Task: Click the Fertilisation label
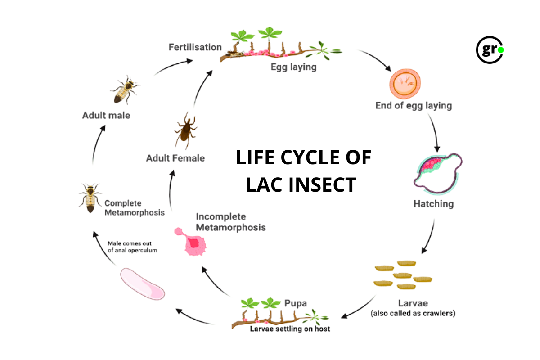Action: point(195,47)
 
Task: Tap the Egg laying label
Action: point(293,67)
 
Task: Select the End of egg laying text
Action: point(414,106)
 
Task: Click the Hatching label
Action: point(433,204)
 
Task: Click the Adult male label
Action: point(106,116)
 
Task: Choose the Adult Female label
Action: point(175,158)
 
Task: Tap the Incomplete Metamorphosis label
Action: point(230,221)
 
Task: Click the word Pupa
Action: point(296,303)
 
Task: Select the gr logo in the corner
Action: point(490,50)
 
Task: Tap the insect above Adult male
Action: point(124,90)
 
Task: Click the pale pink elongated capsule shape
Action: point(143,283)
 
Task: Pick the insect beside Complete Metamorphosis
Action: point(90,198)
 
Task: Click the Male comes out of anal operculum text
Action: point(132,247)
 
